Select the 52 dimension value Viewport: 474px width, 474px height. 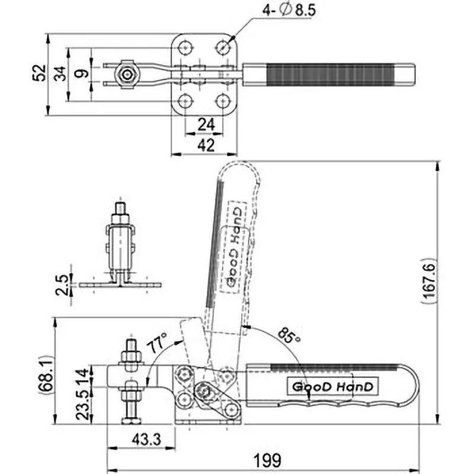39,73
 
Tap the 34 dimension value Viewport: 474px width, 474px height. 60,73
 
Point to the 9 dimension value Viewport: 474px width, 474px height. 83,73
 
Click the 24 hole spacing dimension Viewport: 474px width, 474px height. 204,124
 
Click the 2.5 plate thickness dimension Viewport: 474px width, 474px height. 59,284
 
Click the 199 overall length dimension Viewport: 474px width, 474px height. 266,460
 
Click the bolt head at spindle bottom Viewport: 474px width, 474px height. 130,421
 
